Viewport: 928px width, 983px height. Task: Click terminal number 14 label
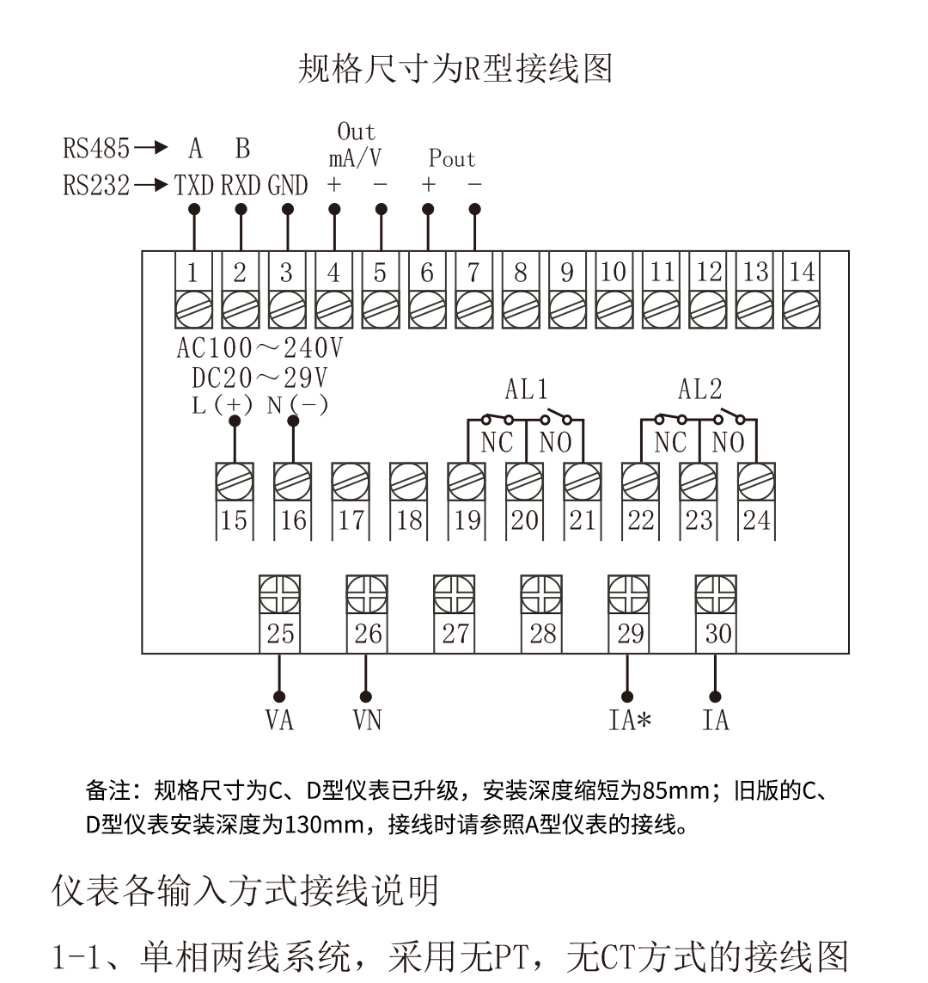pyautogui.click(x=801, y=272)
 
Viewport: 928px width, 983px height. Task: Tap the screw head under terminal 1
pyautogui.click(x=193, y=309)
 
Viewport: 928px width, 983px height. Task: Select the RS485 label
pyautogui.click(x=96, y=148)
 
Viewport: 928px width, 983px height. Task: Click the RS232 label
pyautogui.click(x=96, y=185)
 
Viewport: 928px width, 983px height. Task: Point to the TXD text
pyautogui.click(x=194, y=185)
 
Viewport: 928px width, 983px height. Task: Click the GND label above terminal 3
pyautogui.click(x=288, y=185)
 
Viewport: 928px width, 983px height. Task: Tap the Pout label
pyautogui.click(x=451, y=158)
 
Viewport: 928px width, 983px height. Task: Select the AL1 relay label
pyautogui.click(x=526, y=389)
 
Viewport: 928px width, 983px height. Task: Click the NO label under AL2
pyautogui.click(x=728, y=443)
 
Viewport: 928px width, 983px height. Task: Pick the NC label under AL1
pyautogui.click(x=497, y=443)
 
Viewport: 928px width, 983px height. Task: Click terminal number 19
pyautogui.click(x=467, y=519)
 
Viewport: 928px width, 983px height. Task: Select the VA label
pyautogui.click(x=279, y=719)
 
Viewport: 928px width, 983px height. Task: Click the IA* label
pyautogui.click(x=629, y=719)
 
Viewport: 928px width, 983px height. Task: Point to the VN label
pyautogui.click(x=367, y=719)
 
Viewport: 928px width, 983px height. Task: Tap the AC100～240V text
pyautogui.click(x=259, y=347)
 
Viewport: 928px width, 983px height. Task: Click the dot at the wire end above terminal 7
pyautogui.click(x=474, y=209)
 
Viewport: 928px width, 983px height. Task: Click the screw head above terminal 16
pyautogui.click(x=292, y=482)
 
